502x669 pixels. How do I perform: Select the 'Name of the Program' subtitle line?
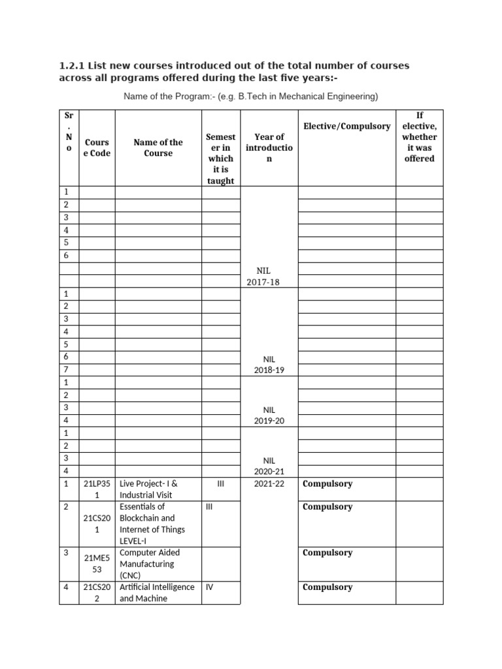coord(251,97)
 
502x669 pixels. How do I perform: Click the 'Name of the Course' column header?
coord(158,148)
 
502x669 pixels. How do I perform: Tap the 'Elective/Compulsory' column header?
coord(346,125)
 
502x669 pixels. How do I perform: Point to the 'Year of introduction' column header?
coord(269,148)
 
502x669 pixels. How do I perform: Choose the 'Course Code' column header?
coord(97,148)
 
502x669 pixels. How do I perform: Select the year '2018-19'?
coord(269,370)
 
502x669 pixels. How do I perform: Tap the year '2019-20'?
coord(269,421)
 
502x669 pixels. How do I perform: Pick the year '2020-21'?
coord(269,471)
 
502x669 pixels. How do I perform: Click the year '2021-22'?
coord(269,484)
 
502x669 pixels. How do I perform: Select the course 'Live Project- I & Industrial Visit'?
coord(149,489)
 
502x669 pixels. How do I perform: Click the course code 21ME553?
coord(97,564)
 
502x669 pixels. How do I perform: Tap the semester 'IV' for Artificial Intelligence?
coord(209,587)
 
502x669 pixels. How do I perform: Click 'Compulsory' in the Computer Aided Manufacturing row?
coord(327,553)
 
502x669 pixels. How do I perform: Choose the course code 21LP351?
coord(97,489)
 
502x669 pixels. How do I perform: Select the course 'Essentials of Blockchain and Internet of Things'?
coord(152,523)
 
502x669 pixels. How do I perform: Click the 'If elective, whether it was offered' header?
coord(419,137)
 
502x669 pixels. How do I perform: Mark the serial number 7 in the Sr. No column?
coord(65,370)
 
